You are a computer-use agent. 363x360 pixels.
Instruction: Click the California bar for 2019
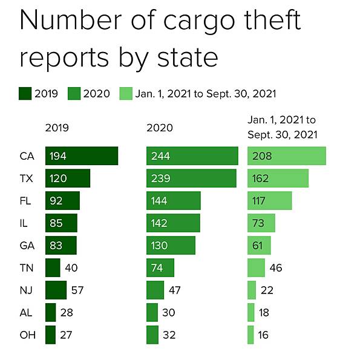pos(81,156)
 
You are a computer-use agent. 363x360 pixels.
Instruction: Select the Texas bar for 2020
pos(191,178)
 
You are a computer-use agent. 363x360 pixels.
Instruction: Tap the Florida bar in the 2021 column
pos(270,201)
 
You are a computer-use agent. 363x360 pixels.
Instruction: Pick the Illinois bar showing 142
pos(173,223)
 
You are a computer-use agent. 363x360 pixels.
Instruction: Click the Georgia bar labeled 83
pos(60,245)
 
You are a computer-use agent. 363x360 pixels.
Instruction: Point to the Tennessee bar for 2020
pos(160,267)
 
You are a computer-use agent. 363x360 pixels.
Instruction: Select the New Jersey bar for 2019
pos(56,290)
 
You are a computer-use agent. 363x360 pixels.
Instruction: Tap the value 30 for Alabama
pos(170,312)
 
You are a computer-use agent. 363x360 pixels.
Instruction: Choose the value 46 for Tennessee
pos(275,267)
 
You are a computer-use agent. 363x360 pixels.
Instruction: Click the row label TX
pos(27,178)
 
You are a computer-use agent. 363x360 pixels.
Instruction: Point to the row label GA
pos(27,245)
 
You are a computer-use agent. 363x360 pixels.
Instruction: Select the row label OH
pos(27,335)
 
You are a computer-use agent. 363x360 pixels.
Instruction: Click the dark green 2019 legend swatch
pos(25,93)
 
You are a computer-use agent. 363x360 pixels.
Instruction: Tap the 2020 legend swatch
pos(74,93)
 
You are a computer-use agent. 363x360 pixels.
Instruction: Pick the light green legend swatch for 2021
pos(126,93)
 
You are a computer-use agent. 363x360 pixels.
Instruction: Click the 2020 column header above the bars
pos(160,128)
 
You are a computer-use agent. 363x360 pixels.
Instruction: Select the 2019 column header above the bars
pos(57,128)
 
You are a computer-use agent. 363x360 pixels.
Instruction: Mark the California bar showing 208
pos(287,156)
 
